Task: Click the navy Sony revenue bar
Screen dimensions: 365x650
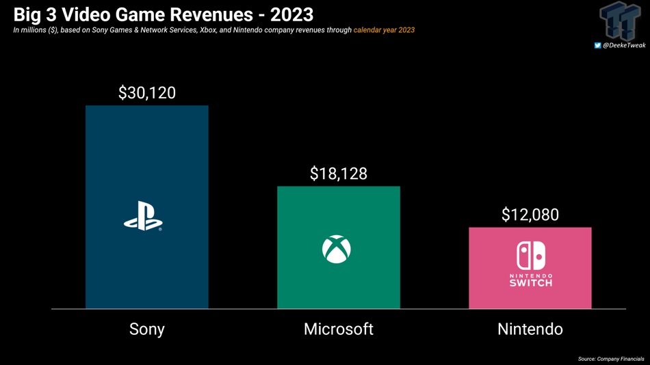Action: point(146,157)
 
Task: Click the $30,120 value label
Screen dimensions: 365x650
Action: point(147,93)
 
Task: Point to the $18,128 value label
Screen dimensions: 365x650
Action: point(339,174)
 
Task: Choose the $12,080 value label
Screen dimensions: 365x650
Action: point(530,215)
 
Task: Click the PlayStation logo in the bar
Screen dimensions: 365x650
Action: point(143,216)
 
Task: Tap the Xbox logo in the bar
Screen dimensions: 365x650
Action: point(337,249)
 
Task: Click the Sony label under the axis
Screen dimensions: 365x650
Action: point(147,329)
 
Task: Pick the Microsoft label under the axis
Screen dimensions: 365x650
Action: point(339,329)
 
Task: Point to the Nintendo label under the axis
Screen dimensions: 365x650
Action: point(530,329)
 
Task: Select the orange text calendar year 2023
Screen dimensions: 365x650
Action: point(384,30)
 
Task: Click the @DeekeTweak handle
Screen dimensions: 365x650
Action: point(624,45)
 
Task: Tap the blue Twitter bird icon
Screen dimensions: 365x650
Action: point(597,45)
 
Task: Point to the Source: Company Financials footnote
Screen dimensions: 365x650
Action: point(611,359)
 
